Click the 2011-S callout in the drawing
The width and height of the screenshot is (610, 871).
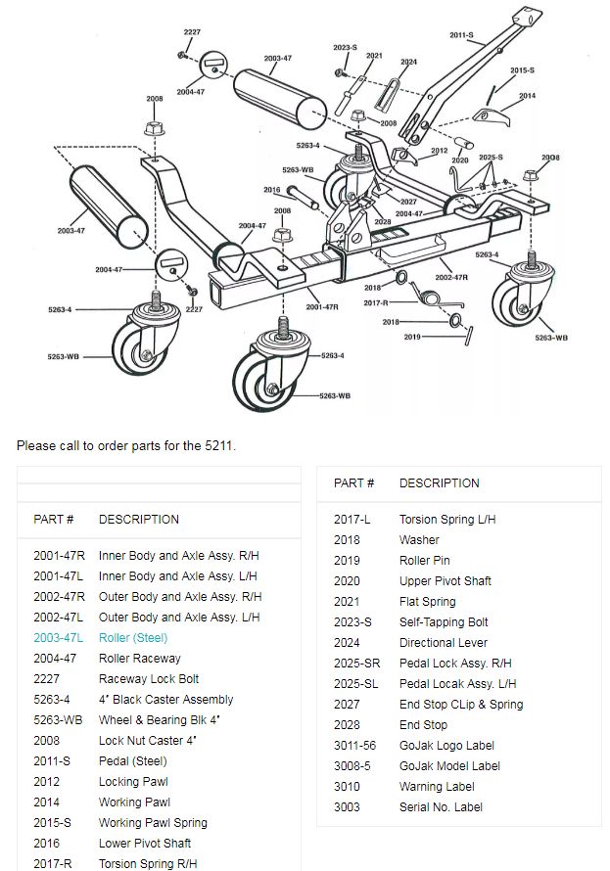[x=461, y=35]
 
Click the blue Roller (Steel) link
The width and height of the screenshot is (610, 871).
[x=132, y=637]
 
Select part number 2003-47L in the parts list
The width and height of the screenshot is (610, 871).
[x=59, y=637]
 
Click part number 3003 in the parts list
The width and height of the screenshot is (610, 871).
[x=347, y=806]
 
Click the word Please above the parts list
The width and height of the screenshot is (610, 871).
[x=35, y=445]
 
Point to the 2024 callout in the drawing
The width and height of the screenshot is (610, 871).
[x=408, y=62]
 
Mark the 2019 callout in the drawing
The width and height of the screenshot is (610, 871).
[x=412, y=337]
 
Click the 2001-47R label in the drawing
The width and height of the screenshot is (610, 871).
[x=321, y=306]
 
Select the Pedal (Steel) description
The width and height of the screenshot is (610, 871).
[x=132, y=760]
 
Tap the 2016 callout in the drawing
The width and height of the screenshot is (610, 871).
[x=271, y=190]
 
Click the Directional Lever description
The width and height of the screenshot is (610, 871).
[x=443, y=642]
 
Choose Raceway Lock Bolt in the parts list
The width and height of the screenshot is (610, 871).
[x=149, y=678]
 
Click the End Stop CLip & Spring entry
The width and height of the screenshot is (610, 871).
[x=460, y=704]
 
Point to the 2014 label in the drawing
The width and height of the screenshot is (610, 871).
[x=527, y=96]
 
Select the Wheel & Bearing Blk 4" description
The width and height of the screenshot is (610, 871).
[x=160, y=719]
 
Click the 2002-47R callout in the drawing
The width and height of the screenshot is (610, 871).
[x=451, y=277]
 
